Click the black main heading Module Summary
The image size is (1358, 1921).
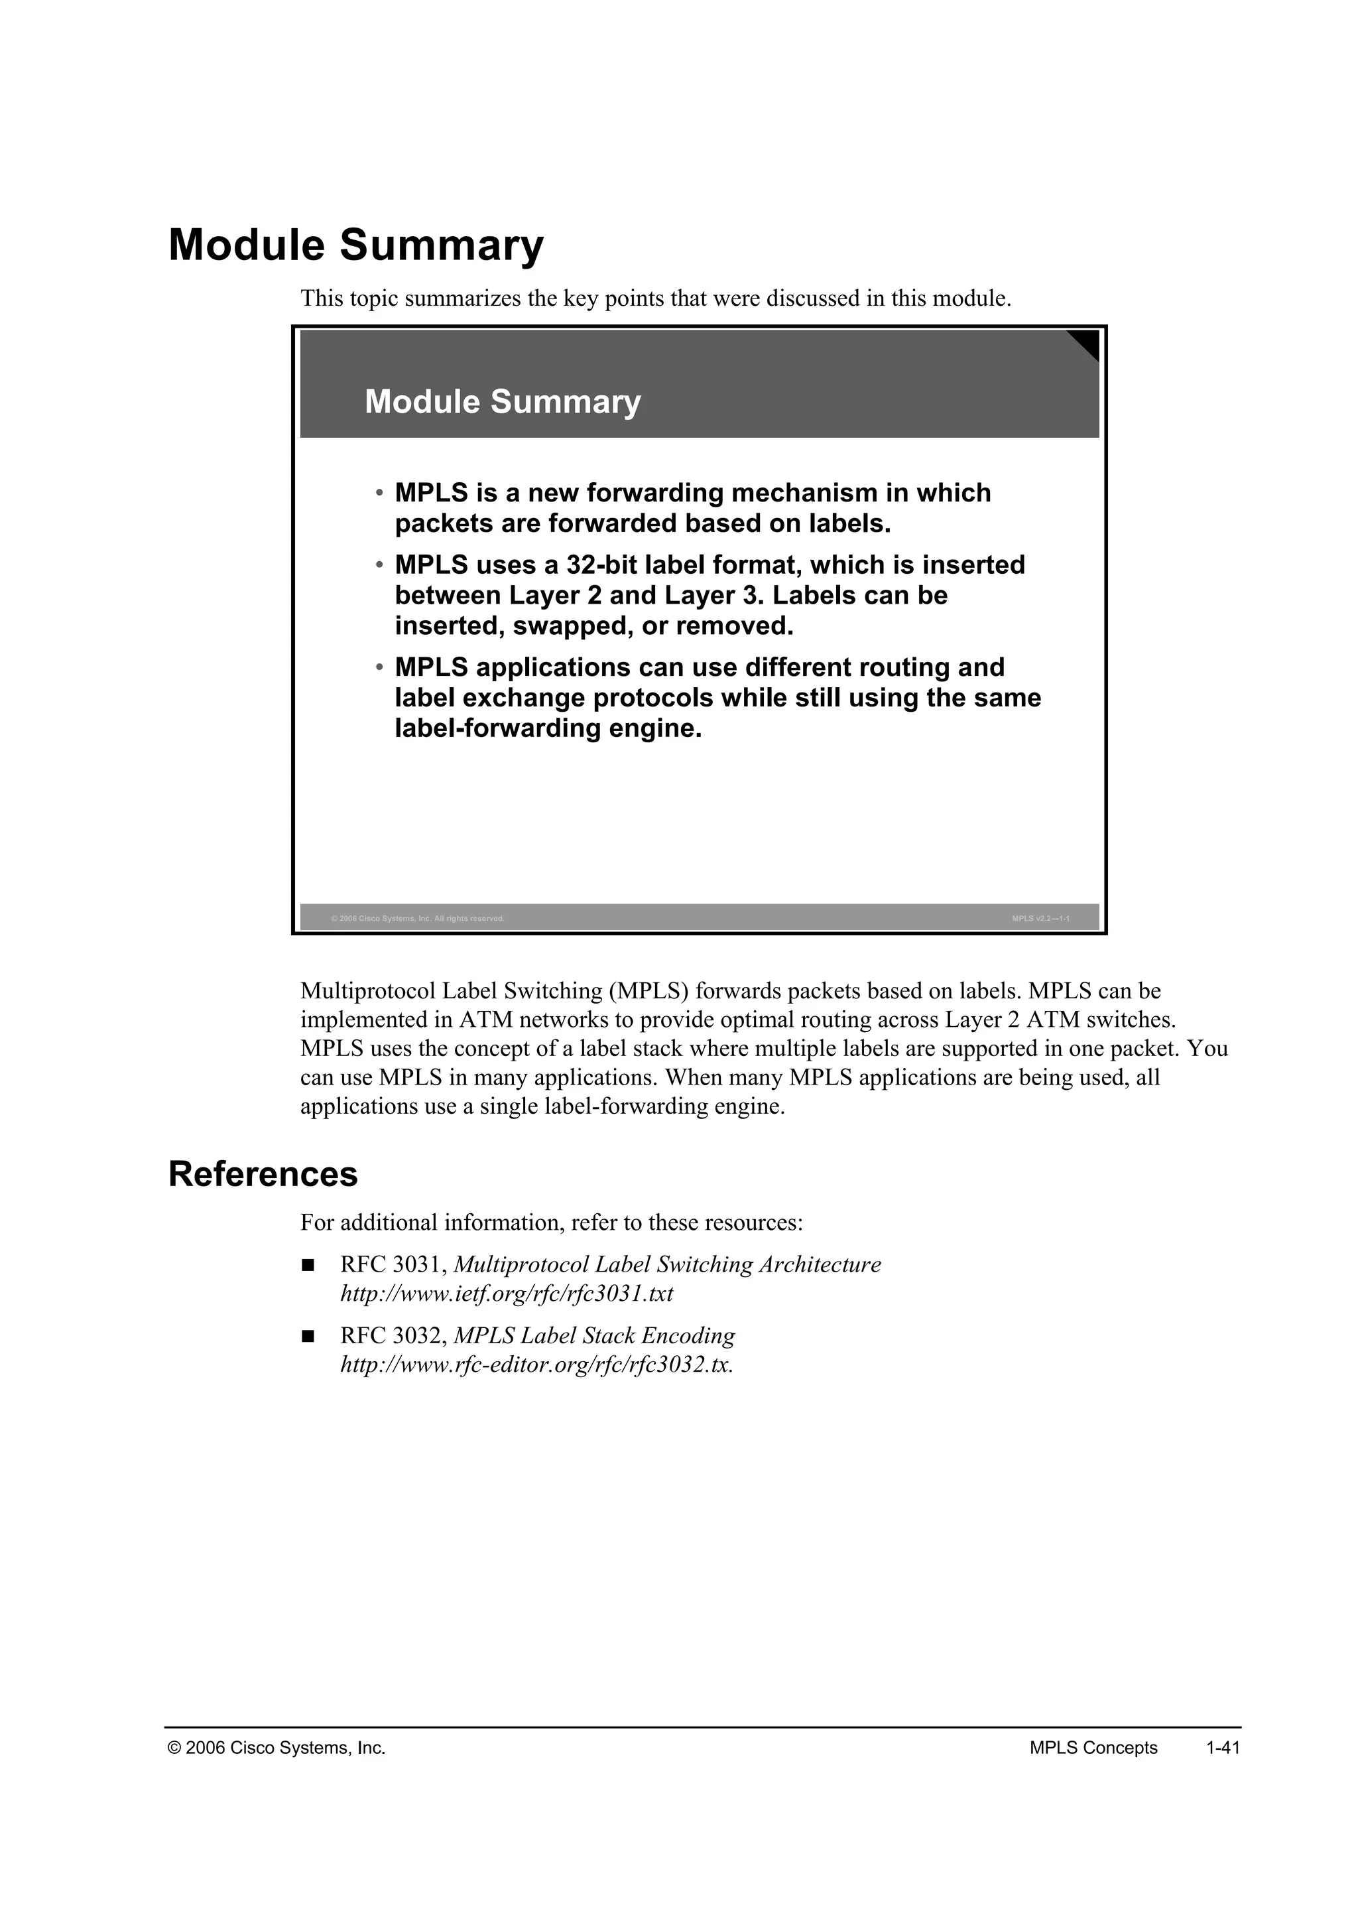coord(355,245)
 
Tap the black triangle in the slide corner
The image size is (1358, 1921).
coord(1086,342)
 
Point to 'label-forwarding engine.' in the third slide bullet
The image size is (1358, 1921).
coord(548,729)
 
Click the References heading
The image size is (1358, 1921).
coord(263,1174)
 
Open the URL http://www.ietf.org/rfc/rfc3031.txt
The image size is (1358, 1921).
coord(506,1293)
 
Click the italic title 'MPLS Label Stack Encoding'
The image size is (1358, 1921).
coord(593,1335)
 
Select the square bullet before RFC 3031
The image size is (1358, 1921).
coord(308,1265)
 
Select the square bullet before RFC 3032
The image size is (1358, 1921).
coord(308,1336)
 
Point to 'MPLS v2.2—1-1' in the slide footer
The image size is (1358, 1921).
coord(1040,919)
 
